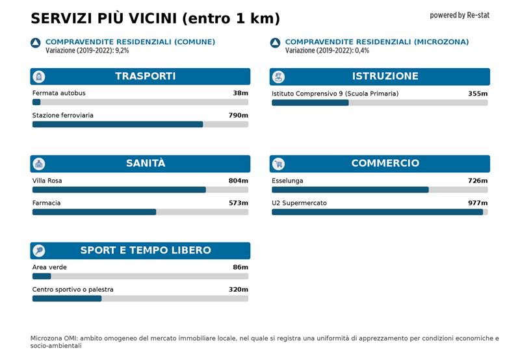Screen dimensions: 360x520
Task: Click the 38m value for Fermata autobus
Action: pos(240,93)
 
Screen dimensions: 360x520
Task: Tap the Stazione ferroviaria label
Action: pos(62,116)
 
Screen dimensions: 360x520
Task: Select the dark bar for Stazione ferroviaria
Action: pos(118,124)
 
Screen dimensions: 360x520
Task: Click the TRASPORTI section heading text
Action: pos(145,76)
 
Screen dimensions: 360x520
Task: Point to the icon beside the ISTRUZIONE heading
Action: pos(278,77)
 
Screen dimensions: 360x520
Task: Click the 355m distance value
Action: pos(478,94)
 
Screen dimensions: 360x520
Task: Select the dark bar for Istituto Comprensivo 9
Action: pos(310,102)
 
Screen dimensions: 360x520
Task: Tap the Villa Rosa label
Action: pos(47,181)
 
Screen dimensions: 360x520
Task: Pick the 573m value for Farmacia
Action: pos(239,203)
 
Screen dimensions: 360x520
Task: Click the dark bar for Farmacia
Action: pos(94,212)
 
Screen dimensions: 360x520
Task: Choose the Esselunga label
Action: pos(287,181)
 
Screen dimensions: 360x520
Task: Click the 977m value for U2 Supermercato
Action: pos(478,203)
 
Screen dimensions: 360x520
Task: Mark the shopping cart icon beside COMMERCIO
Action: pos(278,164)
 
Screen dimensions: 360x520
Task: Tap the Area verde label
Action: pos(49,267)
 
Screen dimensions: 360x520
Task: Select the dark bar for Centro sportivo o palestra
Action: pos(67,298)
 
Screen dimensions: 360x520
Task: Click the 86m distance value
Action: pos(240,267)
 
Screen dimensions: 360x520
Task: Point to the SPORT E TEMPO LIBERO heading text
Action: pos(146,250)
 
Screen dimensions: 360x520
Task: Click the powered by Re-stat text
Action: pos(460,15)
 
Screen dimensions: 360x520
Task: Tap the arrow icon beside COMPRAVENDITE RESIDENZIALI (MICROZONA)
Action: pos(275,43)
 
